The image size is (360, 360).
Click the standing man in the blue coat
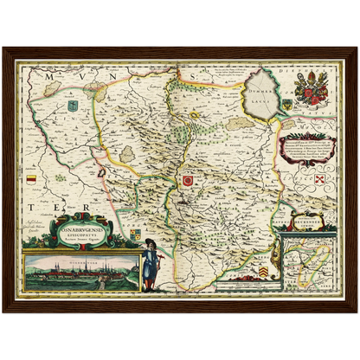[149, 264]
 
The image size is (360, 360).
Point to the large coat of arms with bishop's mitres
[310, 88]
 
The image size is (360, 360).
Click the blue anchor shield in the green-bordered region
[73, 106]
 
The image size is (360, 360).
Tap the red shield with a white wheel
[186, 180]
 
